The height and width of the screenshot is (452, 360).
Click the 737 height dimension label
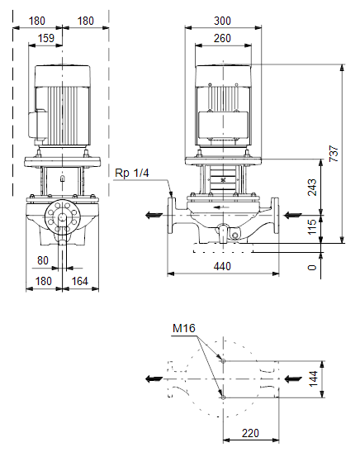click(x=334, y=154)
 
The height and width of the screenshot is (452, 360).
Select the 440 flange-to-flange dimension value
click(x=222, y=266)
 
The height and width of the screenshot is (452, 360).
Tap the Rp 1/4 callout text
click(x=131, y=173)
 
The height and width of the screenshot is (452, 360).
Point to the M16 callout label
click(x=184, y=328)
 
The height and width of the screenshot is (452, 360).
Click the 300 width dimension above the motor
click(x=222, y=21)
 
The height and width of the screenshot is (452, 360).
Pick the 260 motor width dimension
click(x=222, y=38)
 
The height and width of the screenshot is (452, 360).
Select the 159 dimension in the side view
click(x=46, y=38)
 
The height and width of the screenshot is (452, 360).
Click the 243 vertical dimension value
click(x=312, y=188)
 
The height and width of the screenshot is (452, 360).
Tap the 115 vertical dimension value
click(x=312, y=227)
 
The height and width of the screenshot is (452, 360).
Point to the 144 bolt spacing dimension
click(x=313, y=378)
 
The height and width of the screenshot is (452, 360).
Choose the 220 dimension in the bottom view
click(x=250, y=433)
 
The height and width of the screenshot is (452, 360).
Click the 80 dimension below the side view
click(x=43, y=260)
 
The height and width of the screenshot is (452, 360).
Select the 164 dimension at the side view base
click(x=80, y=281)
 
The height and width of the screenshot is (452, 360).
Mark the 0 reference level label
click(x=312, y=268)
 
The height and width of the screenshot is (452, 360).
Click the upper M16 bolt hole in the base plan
click(x=223, y=360)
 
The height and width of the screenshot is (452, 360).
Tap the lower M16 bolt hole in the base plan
click(x=223, y=397)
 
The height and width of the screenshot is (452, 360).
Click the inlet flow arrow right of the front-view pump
click(x=292, y=215)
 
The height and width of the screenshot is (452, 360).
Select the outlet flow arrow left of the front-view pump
click(x=154, y=215)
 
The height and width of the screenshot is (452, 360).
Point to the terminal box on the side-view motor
click(x=38, y=125)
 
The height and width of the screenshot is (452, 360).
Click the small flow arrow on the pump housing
click(x=221, y=207)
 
